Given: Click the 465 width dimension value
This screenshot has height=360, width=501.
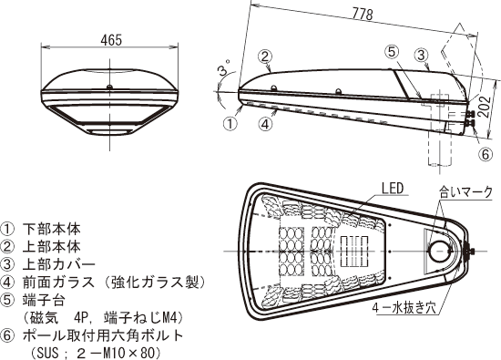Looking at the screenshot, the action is [x=111, y=40].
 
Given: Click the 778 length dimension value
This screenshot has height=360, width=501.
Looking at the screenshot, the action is [x=363, y=14].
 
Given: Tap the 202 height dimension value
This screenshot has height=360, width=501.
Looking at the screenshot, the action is [x=486, y=107].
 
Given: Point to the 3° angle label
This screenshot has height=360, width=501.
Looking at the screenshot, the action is [x=225, y=68].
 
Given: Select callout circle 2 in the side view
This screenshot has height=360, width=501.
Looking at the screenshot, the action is [x=265, y=57].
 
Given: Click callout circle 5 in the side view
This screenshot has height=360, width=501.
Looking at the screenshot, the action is [x=393, y=53].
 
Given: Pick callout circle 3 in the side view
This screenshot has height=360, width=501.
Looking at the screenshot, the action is [x=421, y=56].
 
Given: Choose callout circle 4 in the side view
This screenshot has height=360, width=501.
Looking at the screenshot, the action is [x=266, y=124].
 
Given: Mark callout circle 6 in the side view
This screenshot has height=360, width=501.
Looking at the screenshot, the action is [x=486, y=154].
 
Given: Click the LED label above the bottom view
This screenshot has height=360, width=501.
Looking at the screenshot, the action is [x=393, y=189].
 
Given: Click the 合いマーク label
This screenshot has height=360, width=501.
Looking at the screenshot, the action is [x=465, y=192].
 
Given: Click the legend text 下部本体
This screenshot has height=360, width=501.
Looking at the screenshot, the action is [x=51, y=229].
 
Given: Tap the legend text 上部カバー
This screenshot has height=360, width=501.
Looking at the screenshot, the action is [x=59, y=264].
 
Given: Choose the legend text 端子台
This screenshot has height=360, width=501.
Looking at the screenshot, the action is [x=44, y=300].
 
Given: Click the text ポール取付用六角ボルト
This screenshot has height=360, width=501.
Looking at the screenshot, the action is [x=103, y=335].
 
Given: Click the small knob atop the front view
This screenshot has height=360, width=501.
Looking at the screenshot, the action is [x=109, y=87].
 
